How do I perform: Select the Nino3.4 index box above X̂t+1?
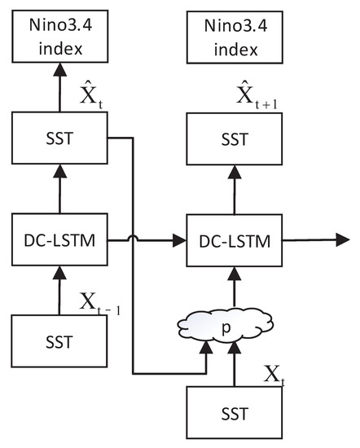pos(231,37)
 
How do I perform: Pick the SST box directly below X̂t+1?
pos(231,138)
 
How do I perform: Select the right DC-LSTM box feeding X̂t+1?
pos(231,239)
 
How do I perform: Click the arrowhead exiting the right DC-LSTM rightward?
pos(335,239)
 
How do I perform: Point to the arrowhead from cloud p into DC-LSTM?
pos(231,274)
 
